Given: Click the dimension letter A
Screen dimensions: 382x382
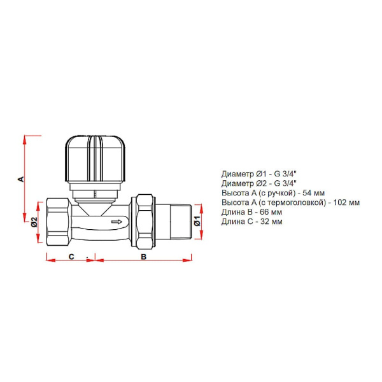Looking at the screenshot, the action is click(22, 179).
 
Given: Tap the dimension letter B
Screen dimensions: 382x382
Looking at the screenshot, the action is click(144, 257).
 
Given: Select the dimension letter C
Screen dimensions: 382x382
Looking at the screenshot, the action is click(71, 257).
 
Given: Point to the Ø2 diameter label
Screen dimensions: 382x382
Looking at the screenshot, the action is click(34, 222).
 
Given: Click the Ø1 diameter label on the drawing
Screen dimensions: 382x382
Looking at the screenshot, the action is click(197, 221).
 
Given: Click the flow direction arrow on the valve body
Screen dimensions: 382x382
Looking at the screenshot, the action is click(117, 222).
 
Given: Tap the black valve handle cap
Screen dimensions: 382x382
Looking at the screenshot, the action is click(95, 159).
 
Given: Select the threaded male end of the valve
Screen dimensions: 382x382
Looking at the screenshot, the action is click(181, 222).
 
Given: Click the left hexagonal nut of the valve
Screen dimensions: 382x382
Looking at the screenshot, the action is click(59, 222).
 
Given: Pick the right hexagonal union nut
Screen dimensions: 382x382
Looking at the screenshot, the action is click(145, 222).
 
